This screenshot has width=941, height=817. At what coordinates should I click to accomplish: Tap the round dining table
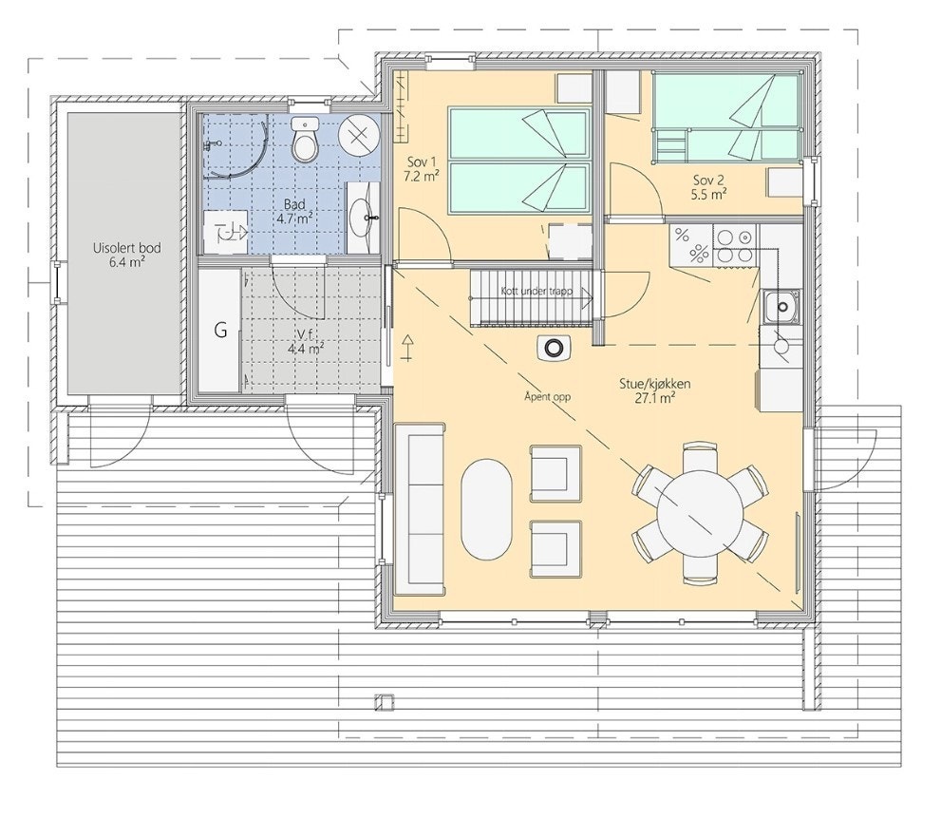tap(700, 513)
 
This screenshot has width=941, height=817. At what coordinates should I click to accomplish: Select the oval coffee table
tap(487, 510)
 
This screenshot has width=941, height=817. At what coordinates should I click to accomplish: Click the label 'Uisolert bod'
tap(126, 249)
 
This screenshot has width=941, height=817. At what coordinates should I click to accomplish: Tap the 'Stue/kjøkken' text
tap(656, 384)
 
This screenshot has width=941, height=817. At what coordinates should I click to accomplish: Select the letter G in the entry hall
tap(220, 331)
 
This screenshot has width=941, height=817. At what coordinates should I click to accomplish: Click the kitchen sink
tap(781, 307)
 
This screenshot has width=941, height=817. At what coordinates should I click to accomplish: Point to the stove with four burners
tap(733, 245)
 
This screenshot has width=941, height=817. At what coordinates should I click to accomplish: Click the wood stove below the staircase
tap(553, 349)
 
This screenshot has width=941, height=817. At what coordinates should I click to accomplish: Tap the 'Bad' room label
tap(294, 204)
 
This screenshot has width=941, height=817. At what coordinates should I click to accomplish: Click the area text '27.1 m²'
tap(655, 399)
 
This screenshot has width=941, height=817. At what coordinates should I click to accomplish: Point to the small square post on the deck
tap(384, 703)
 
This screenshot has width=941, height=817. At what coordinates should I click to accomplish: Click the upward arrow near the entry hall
tap(408, 348)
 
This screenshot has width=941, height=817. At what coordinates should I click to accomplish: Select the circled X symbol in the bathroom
tap(358, 134)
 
